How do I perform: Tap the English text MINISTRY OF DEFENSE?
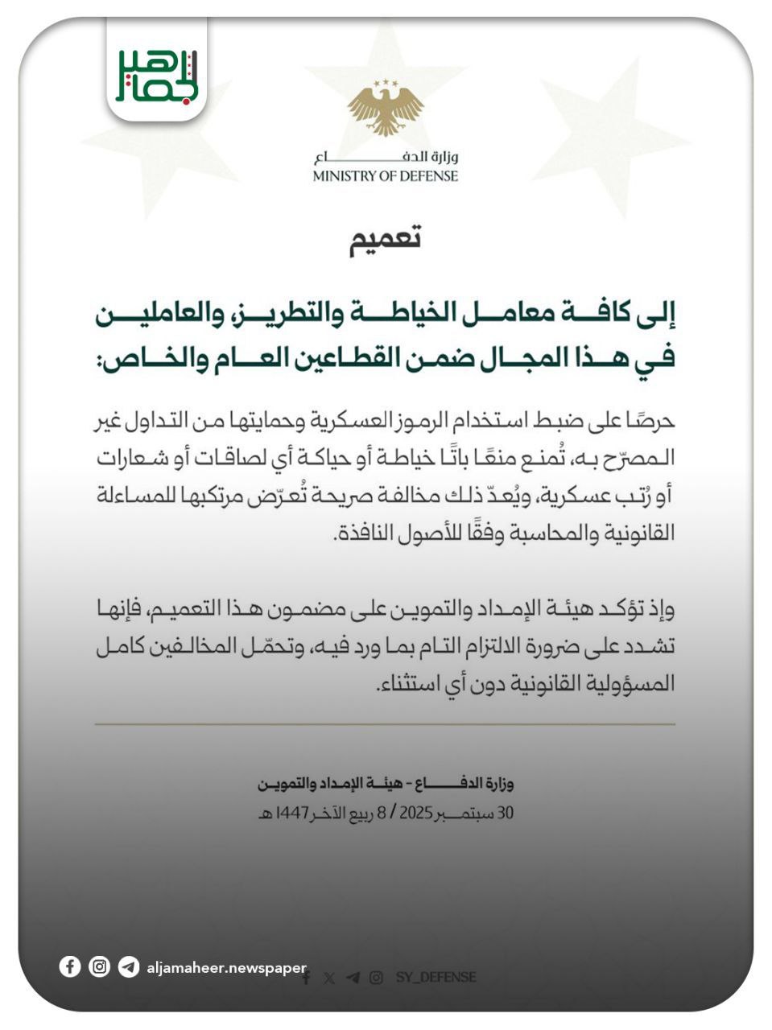(386, 176)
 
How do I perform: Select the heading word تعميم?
(385, 239)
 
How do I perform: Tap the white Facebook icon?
(70, 966)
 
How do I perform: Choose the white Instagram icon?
(99, 966)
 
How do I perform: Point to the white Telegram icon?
(128, 966)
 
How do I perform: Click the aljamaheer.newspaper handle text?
(226, 967)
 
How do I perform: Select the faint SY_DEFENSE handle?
(436, 978)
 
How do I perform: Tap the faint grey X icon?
(328, 978)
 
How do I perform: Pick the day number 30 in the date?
(505, 813)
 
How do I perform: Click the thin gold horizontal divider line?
(385, 724)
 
